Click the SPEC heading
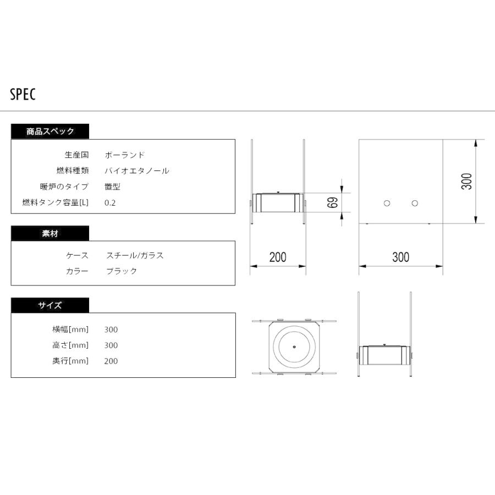click(23, 95)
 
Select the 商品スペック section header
click(50, 131)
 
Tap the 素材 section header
click(50, 233)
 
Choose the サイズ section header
click(50, 305)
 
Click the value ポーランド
click(125, 155)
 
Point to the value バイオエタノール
click(137, 170)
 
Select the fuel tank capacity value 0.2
click(110, 202)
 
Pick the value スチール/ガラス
click(135, 255)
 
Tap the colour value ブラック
click(121, 271)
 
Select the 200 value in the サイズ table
click(111, 361)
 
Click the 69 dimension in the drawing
click(332, 202)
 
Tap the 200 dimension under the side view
click(278, 257)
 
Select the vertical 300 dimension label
click(467, 182)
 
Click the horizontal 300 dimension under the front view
click(400, 257)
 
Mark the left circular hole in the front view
click(387, 204)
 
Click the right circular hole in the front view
click(415, 204)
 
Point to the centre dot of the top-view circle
click(295, 346)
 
